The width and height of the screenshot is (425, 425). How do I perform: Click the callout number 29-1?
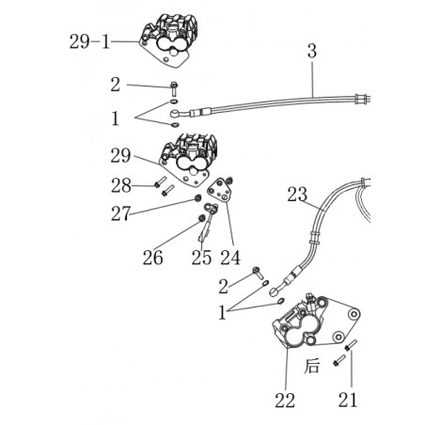pyautogui.click(x=89, y=41)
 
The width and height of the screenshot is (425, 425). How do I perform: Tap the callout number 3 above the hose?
pyautogui.click(x=312, y=52)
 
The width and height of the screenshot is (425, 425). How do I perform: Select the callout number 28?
pyautogui.click(x=121, y=185)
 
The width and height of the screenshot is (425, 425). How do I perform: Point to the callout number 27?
pyautogui.click(x=120, y=213)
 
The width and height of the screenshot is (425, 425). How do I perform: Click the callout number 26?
pyautogui.click(x=153, y=258)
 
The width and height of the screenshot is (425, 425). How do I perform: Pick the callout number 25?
pyautogui.click(x=201, y=258)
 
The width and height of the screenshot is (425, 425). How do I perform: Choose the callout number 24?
pyautogui.click(x=230, y=258)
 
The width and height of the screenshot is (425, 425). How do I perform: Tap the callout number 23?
pyautogui.click(x=297, y=195)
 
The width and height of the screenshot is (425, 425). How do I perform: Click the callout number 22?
pyautogui.click(x=285, y=401)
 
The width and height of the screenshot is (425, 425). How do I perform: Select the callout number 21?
pyautogui.click(x=348, y=401)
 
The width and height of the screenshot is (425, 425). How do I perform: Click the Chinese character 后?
pyautogui.click(x=312, y=366)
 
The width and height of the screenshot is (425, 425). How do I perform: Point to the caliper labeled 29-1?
pyautogui.click(x=168, y=39)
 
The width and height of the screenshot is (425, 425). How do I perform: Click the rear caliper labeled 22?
pyautogui.click(x=315, y=323)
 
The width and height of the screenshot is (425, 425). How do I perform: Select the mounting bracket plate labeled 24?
pyautogui.click(x=220, y=191)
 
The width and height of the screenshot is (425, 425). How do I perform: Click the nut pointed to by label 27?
pyautogui.click(x=197, y=197)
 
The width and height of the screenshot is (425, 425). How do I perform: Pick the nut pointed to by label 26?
pyautogui.click(x=201, y=217)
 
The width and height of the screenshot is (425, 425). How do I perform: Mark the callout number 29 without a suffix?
pyautogui.click(x=120, y=155)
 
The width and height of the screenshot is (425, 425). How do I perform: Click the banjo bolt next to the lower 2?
pyautogui.click(x=258, y=273)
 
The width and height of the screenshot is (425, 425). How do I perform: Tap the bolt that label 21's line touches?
pyautogui.click(x=351, y=345)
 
